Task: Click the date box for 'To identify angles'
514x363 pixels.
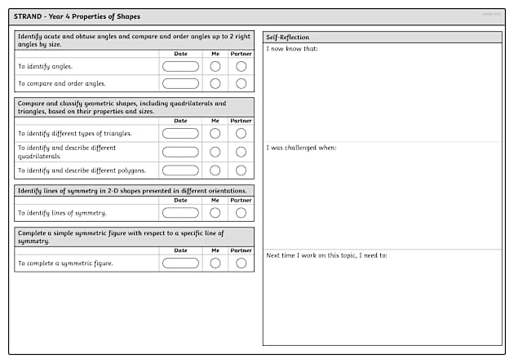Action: pyautogui.click(x=180, y=66)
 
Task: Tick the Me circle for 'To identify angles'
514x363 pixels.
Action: pyautogui.click(x=215, y=66)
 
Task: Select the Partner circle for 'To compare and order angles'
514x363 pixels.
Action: pyautogui.click(x=241, y=83)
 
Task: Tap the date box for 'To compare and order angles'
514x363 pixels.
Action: pyautogui.click(x=180, y=83)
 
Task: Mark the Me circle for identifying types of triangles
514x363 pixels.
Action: pyautogui.click(x=215, y=133)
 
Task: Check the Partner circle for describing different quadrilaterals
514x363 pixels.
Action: pyautogui.click(x=241, y=152)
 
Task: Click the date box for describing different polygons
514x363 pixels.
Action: pyautogui.click(x=180, y=170)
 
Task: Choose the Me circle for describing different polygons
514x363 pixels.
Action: pyautogui.click(x=215, y=170)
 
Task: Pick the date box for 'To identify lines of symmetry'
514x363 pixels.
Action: pyautogui.click(x=180, y=213)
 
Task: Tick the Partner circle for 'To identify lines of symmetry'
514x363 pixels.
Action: pyautogui.click(x=241, y=213)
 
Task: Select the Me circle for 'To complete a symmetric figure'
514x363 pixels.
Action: pyautogui.click(x=215, y=263)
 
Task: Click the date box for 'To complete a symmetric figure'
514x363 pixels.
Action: pyautogui.click(x=180, y=263)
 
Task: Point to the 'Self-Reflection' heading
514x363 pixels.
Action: pyautogui.click(x=287, y=38)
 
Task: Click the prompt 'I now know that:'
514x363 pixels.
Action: pyautogui.click(x=292, y=49)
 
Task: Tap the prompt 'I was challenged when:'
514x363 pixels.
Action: pyautogui.click(x=301, y=148)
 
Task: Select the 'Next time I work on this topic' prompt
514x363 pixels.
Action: pyautogui.click(x=326, y=255)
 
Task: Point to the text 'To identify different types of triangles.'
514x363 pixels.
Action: pyautogui.click(x=75, y=133)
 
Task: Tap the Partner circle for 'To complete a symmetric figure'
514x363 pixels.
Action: pyautogui.click(x=241, y=263)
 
